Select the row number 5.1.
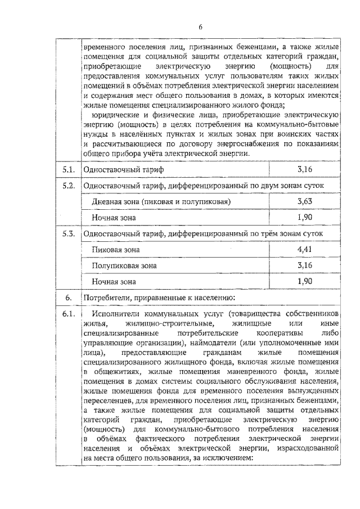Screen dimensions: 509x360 (68, 169)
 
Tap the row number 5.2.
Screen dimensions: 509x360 (68, 186)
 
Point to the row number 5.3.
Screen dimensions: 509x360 (68, 233)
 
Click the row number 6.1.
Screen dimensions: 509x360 (68, 313)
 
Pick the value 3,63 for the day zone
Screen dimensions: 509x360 (304, 201)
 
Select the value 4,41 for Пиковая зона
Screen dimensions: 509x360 (304, 249)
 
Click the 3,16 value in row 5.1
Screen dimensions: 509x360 (304, 169)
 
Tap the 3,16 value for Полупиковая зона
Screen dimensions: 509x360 (304, 265)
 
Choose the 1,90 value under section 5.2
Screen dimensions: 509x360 (304, 217)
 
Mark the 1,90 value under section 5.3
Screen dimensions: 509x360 (304, 281)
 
